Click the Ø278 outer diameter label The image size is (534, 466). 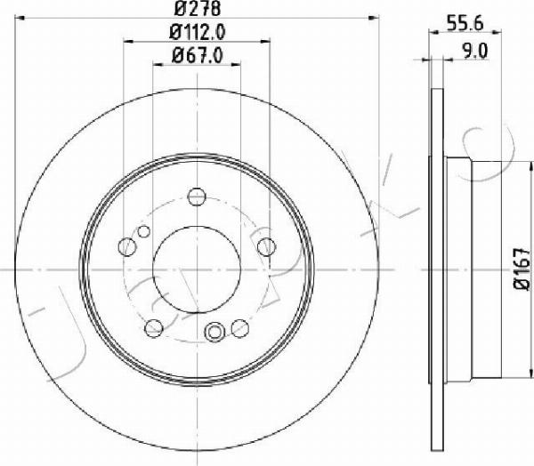pos(198,8)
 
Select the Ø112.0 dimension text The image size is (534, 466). pos(198,32)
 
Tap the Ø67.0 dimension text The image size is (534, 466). pos(198,55)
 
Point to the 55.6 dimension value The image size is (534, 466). pos(465,24)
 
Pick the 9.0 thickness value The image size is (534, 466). pos(474,52)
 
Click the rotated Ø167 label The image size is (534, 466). pos(522,269)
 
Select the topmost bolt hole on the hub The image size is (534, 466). pos(197,197)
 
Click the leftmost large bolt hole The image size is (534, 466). pos(127,247)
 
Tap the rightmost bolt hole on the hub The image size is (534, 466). pos(266,247)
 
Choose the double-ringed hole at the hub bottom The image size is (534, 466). pos(214,331)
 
